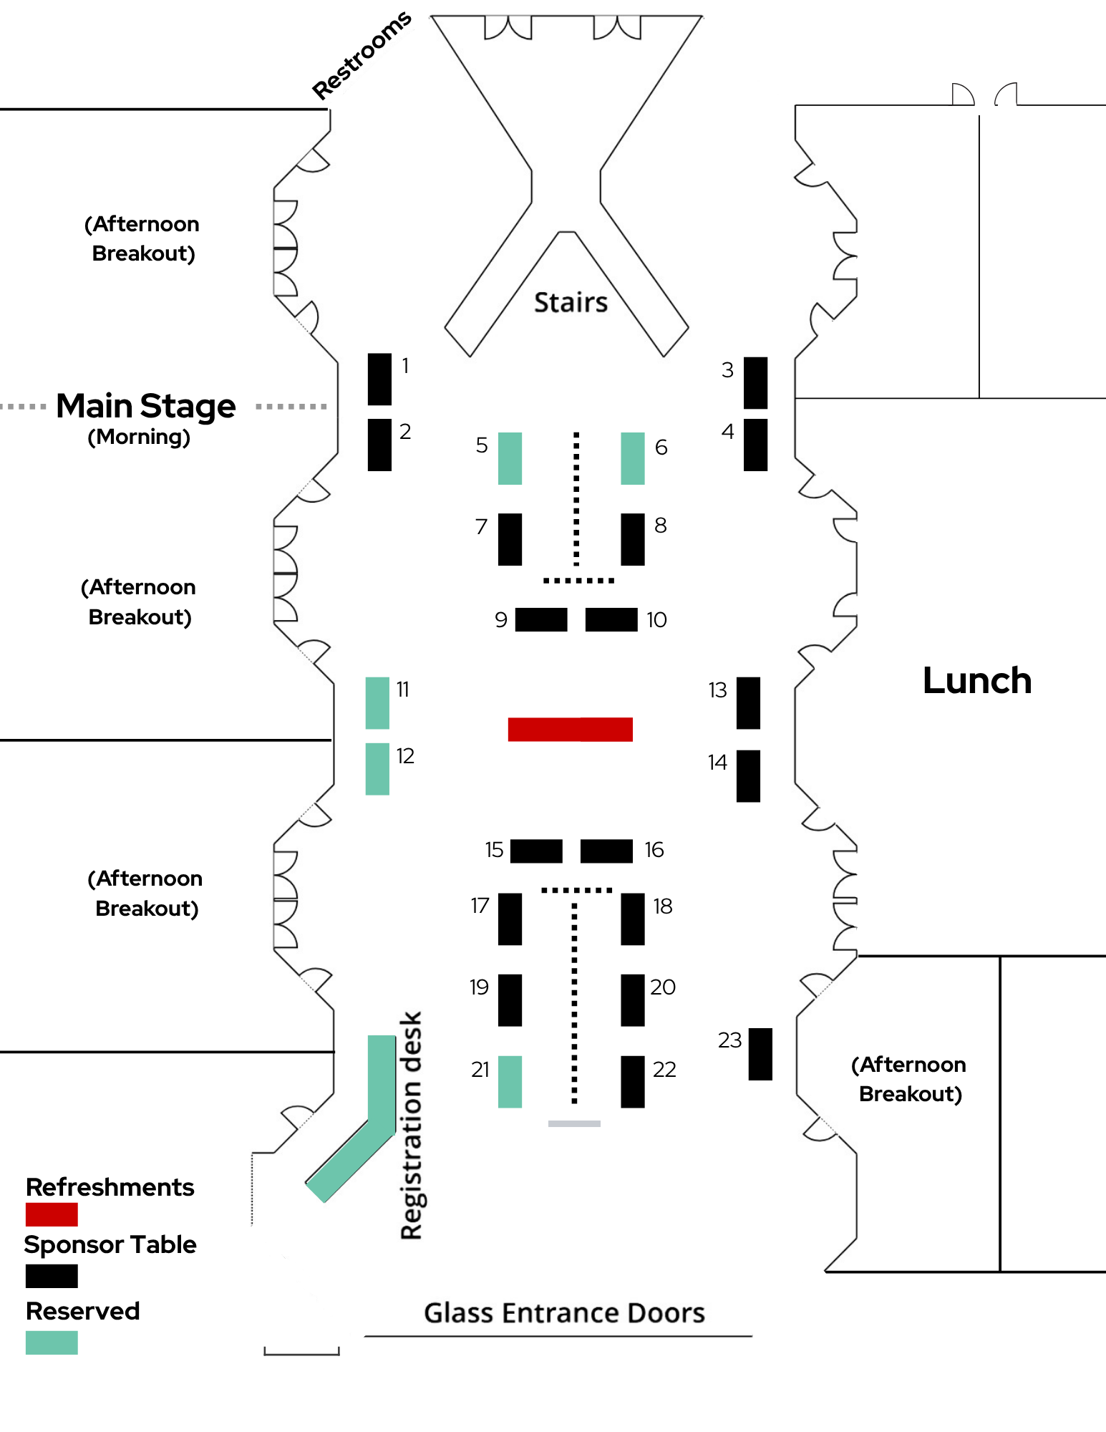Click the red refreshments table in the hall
coord(570,729)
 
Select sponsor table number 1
coord(379,379)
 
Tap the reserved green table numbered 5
coord(510,458)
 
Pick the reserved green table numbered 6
coord(633,458)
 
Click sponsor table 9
coord(541,619)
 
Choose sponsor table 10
coord(611,619)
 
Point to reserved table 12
coord(377,769)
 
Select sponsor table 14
coord(748,775)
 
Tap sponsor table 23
coord(760,1054)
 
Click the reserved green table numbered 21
coord(510,1082)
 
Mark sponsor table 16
coord(606,851)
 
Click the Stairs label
coord(571,302)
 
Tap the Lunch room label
coord(977,680)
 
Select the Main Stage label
coord(146,406)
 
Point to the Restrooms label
coord(362,55)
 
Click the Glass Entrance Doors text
coord(564,1312)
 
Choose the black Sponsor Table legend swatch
coord(52,1276)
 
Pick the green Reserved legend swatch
coord(52,1342)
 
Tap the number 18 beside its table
coord(663,906)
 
